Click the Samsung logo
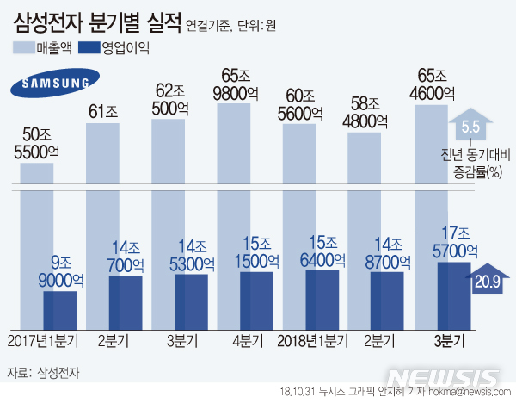tap(52, 84)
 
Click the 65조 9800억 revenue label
tap(234, 84)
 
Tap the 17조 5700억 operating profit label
tap(451, 243)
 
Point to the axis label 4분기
tap(236, 341)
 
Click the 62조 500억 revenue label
tap(169, 99)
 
